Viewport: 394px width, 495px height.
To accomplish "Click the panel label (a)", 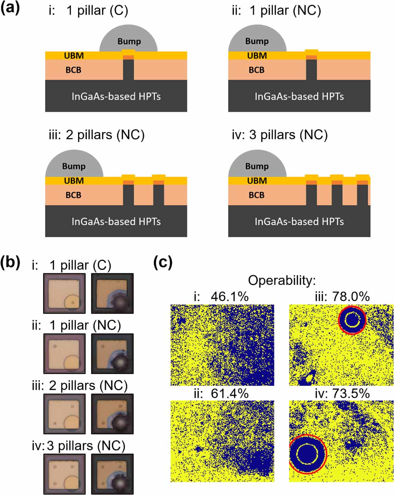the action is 10,9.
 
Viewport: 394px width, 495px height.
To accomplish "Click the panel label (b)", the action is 10,263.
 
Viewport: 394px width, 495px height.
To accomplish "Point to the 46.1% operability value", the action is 230,297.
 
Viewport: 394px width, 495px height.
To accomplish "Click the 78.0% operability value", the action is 351,297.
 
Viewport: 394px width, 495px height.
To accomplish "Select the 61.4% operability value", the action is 230,394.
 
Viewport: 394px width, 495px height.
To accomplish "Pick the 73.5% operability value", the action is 351,394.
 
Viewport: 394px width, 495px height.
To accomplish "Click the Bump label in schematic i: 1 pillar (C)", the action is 129,42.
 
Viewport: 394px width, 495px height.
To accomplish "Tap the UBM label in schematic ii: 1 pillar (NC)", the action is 257,56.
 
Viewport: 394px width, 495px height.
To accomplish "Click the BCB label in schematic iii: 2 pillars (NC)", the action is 73,195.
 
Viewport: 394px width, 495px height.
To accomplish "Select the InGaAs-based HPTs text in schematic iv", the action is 299,221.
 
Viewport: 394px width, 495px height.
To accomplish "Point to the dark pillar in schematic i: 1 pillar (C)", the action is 128,70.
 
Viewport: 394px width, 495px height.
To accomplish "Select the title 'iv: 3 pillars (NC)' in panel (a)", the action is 279,135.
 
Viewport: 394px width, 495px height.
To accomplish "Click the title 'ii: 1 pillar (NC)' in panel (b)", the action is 76,326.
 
